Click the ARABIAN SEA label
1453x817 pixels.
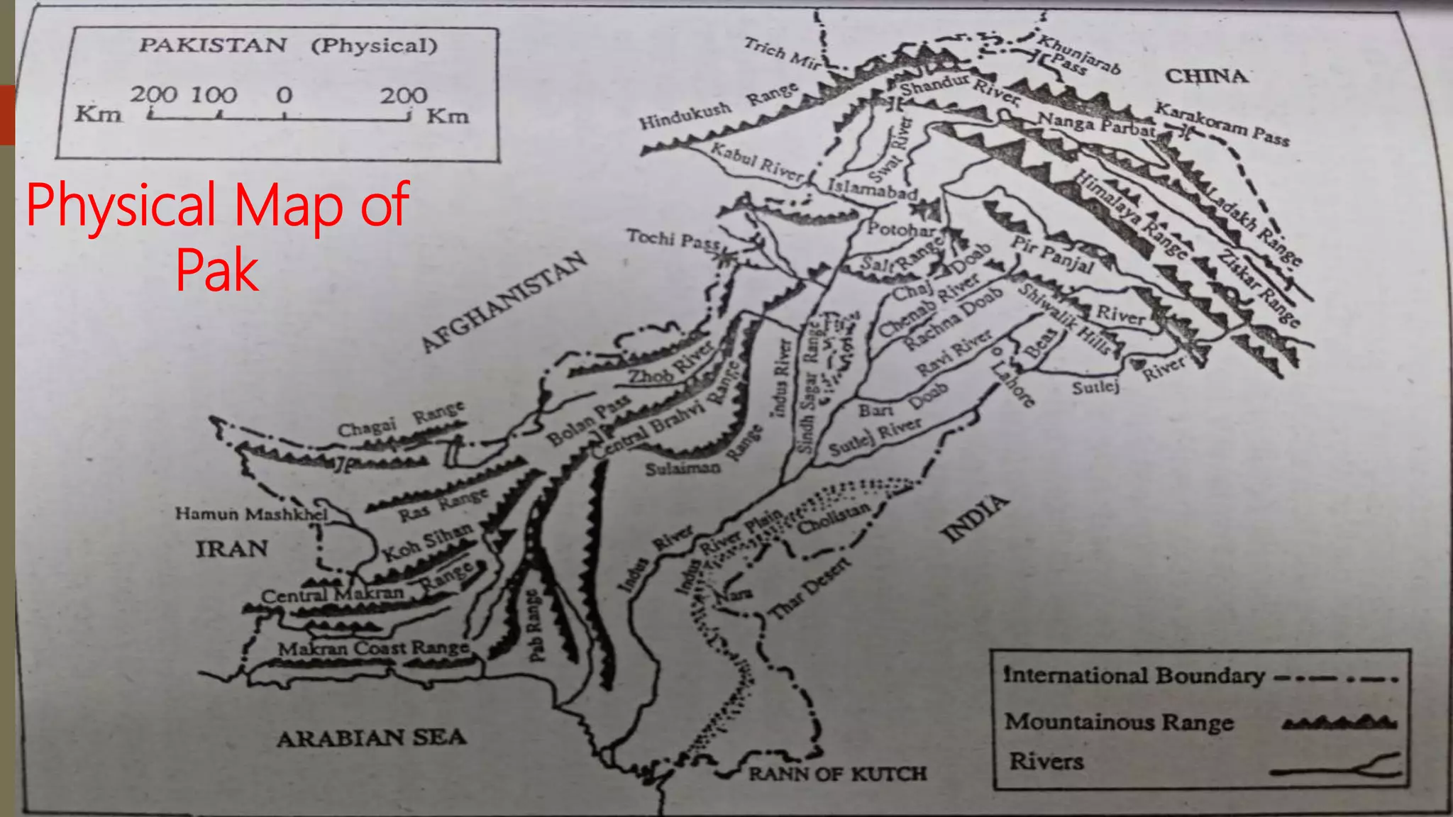coord(371,738)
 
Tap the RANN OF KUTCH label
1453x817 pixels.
coord(837,774)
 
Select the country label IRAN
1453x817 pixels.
coord(232,549)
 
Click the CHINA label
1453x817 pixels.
coord(1206,76)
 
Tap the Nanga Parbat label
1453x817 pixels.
coord(1097,124)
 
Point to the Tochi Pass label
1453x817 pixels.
coord(673,239)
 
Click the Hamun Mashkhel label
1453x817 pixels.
coord(252,513)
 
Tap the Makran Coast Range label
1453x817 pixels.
coord(373,648)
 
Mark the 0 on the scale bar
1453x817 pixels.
coord(284,95)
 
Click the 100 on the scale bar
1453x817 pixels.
coord(214,94)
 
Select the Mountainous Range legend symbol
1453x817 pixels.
coord(1339,723)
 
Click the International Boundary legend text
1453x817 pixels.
coord(1134,675)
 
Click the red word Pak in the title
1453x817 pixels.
coord(217,270)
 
